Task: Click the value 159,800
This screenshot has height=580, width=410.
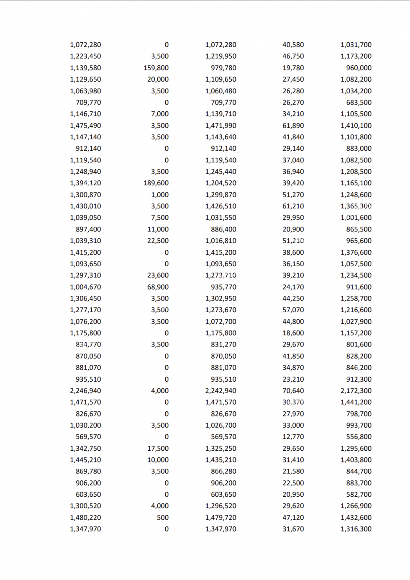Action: [x=156, y=68]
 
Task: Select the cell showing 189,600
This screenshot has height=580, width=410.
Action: [x=156, y=183]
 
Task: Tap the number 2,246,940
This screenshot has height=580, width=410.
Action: [x=85, y=390]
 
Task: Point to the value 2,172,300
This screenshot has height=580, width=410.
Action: [x=356, y=390]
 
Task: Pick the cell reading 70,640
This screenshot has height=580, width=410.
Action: [x=293, y=390]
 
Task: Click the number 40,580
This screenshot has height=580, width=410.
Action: [x=293, y=45]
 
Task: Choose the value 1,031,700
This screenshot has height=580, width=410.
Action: [x=356, y=45]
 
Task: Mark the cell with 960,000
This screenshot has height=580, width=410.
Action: [x=359, y=68]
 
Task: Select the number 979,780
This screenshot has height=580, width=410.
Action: [x=223, y=68]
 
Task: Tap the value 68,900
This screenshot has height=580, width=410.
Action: [x=158, y=287]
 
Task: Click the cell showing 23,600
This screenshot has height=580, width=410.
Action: [x=158, y=275]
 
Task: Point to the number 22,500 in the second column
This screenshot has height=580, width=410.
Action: [x=158, y=241]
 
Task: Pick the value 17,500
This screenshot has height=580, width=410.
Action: [x=158, y=448]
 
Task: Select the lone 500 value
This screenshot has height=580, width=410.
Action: [x=163, y=517]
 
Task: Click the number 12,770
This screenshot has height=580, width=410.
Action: [x=293, y=436]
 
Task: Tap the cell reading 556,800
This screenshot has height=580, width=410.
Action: [x=359, y=436]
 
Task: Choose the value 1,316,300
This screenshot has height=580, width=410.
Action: [x=356, y=529]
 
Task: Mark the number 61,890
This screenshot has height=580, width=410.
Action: [x=293, y=126]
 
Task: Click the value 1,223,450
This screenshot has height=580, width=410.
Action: [x=85, y=56]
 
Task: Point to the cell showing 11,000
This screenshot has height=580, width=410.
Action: [x=158, y=229]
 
